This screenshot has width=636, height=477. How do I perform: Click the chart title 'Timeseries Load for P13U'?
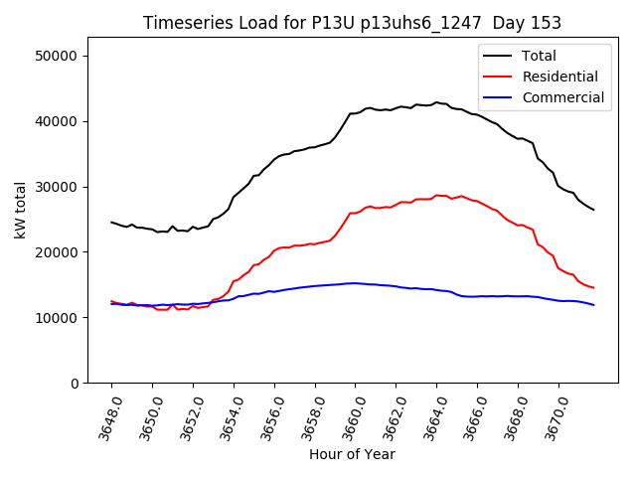pos(352,23)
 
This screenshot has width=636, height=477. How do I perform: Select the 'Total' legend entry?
pos(539,56)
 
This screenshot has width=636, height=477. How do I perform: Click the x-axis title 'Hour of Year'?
pos(352,454)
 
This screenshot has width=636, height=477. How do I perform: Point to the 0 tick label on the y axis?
pos(74,384)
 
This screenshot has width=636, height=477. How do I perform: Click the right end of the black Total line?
pos(593,210)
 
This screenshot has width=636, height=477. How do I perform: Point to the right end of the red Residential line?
pos(593,288)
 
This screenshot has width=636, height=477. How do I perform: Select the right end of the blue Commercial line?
pos(593,305)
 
